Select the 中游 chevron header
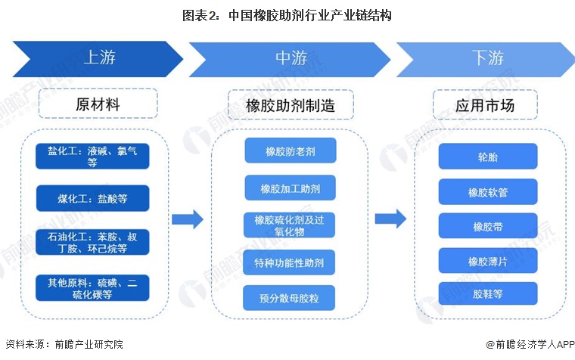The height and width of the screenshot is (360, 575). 291,58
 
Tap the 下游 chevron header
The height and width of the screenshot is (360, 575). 484,58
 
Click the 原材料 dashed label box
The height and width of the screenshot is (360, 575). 98,104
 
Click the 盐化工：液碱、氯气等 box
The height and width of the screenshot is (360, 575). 92,156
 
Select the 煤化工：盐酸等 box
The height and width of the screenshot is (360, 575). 92,199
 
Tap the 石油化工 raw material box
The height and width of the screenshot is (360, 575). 92,242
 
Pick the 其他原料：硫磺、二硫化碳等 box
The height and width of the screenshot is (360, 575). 92,287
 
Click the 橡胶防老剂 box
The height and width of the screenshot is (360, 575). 291,151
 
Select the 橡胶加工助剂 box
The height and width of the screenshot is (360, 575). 291,188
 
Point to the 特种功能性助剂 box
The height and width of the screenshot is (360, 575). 291,262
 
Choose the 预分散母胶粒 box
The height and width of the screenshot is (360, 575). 291,298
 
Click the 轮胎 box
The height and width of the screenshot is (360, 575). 488,157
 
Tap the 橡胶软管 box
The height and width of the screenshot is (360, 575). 488,192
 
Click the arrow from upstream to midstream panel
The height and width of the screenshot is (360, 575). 187,219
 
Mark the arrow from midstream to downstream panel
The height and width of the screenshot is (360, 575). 391,219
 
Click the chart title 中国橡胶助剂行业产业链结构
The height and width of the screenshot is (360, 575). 287,14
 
